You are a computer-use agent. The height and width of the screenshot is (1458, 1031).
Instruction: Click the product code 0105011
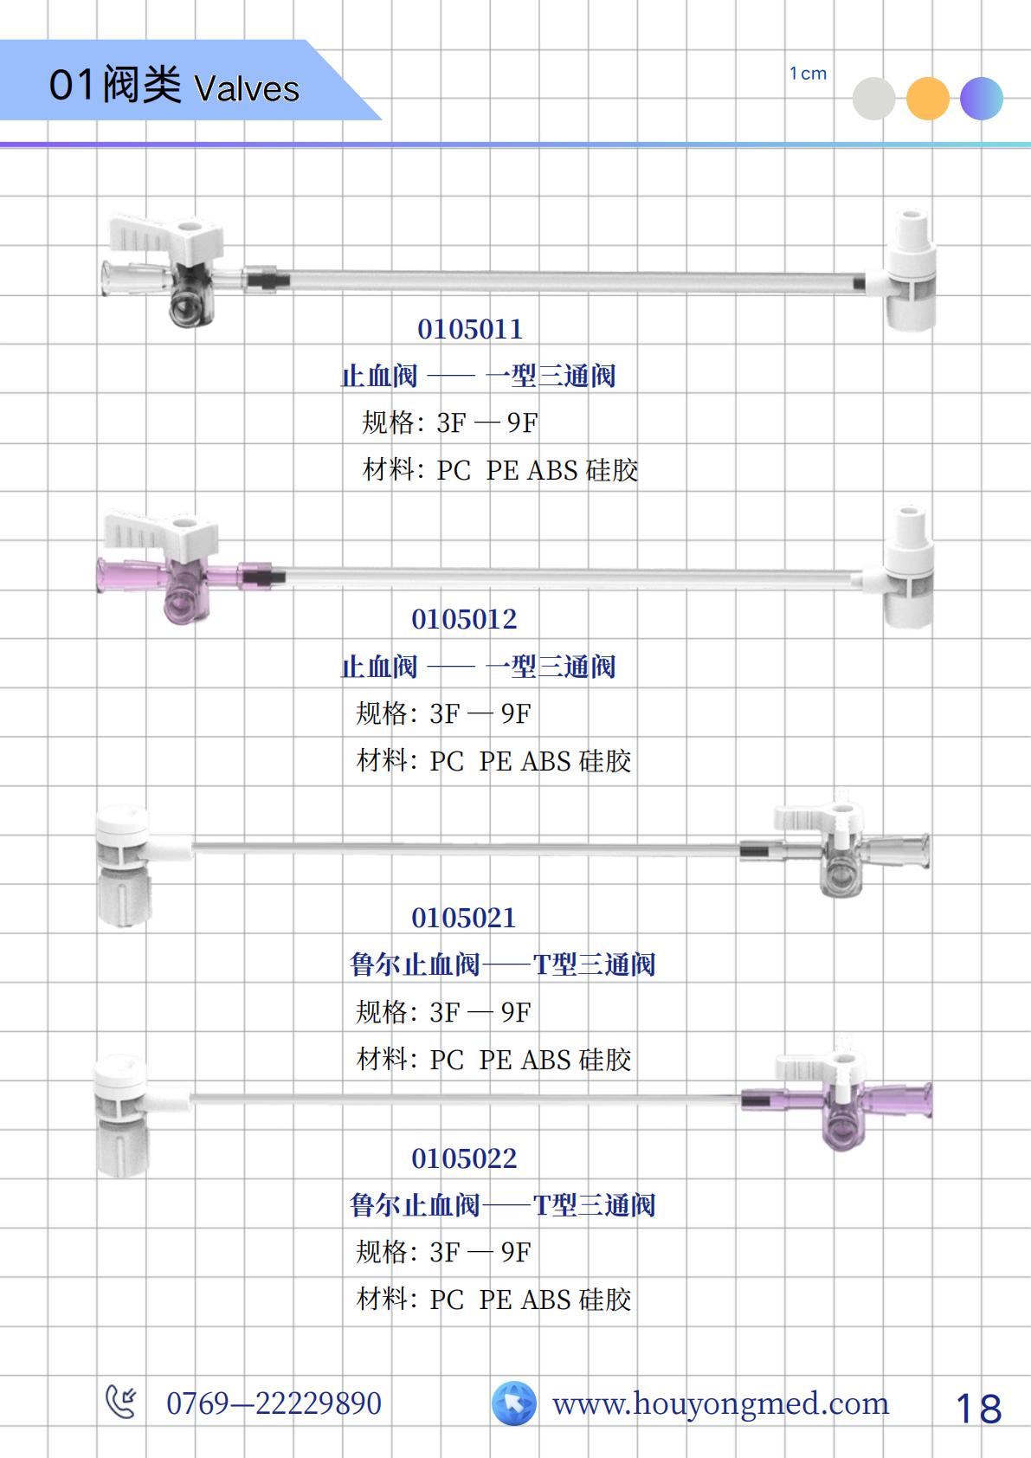point(470,329)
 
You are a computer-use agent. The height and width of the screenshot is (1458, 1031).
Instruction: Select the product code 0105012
point(464,620)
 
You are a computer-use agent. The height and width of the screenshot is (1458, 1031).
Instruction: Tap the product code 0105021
point(464,919)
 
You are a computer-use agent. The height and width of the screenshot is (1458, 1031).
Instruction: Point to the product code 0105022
point(464,1158)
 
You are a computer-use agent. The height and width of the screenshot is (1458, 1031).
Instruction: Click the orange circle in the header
point(927,99)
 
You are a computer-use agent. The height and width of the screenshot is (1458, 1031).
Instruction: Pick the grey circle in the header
point(873,99)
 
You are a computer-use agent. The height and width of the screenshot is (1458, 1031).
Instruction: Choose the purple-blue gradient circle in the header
point(982,99)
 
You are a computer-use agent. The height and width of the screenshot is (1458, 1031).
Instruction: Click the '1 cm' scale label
point(808,74)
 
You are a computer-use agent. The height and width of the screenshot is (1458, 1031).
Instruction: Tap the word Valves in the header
point(247,88)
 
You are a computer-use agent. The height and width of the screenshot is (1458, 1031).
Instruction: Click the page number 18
point(978,1410)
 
